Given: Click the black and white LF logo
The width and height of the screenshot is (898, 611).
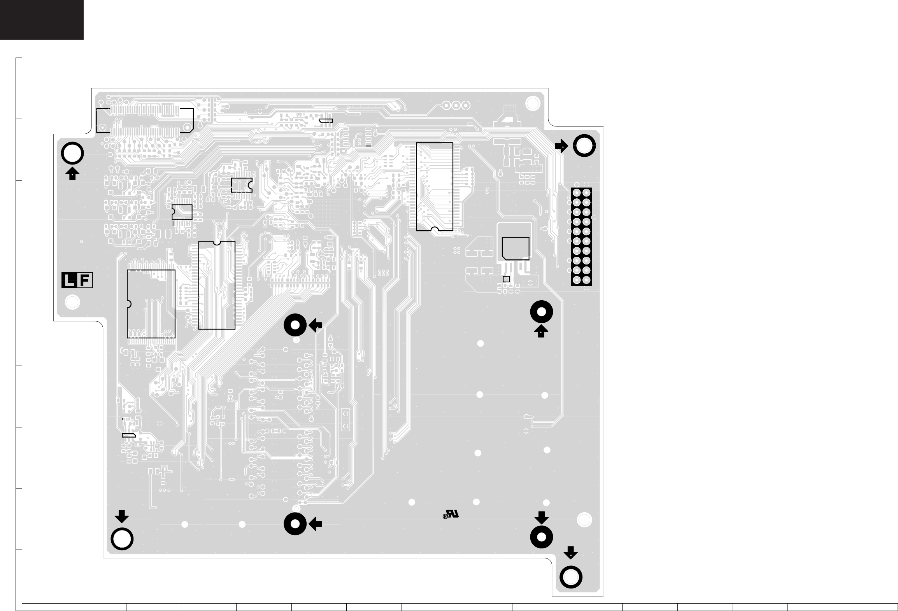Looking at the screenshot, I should (77, 280).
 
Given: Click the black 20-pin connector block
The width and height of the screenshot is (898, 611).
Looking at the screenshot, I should (581, 237).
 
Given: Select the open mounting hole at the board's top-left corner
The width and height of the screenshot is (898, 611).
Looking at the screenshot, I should (72, 154).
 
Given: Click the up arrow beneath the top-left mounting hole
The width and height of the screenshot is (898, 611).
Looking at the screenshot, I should (72, 173).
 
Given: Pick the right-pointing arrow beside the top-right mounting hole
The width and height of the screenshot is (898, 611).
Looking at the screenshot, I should (561, 146).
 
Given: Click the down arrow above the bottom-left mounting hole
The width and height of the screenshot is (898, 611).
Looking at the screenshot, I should (122, 516).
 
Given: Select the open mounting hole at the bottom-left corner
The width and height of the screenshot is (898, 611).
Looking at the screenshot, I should (122, 539).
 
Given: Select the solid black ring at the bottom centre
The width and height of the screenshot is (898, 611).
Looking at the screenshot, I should (295, 524).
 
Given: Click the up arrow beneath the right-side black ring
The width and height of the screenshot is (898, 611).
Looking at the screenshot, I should (541, 331).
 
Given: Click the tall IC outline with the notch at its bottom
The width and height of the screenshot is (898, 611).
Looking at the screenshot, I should (435, 187).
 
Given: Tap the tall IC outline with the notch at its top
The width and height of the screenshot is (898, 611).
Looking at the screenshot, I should (217, 285).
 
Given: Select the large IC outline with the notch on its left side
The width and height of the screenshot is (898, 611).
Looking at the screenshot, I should (151, 304).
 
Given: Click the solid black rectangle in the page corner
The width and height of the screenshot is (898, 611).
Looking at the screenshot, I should (42, 19).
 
